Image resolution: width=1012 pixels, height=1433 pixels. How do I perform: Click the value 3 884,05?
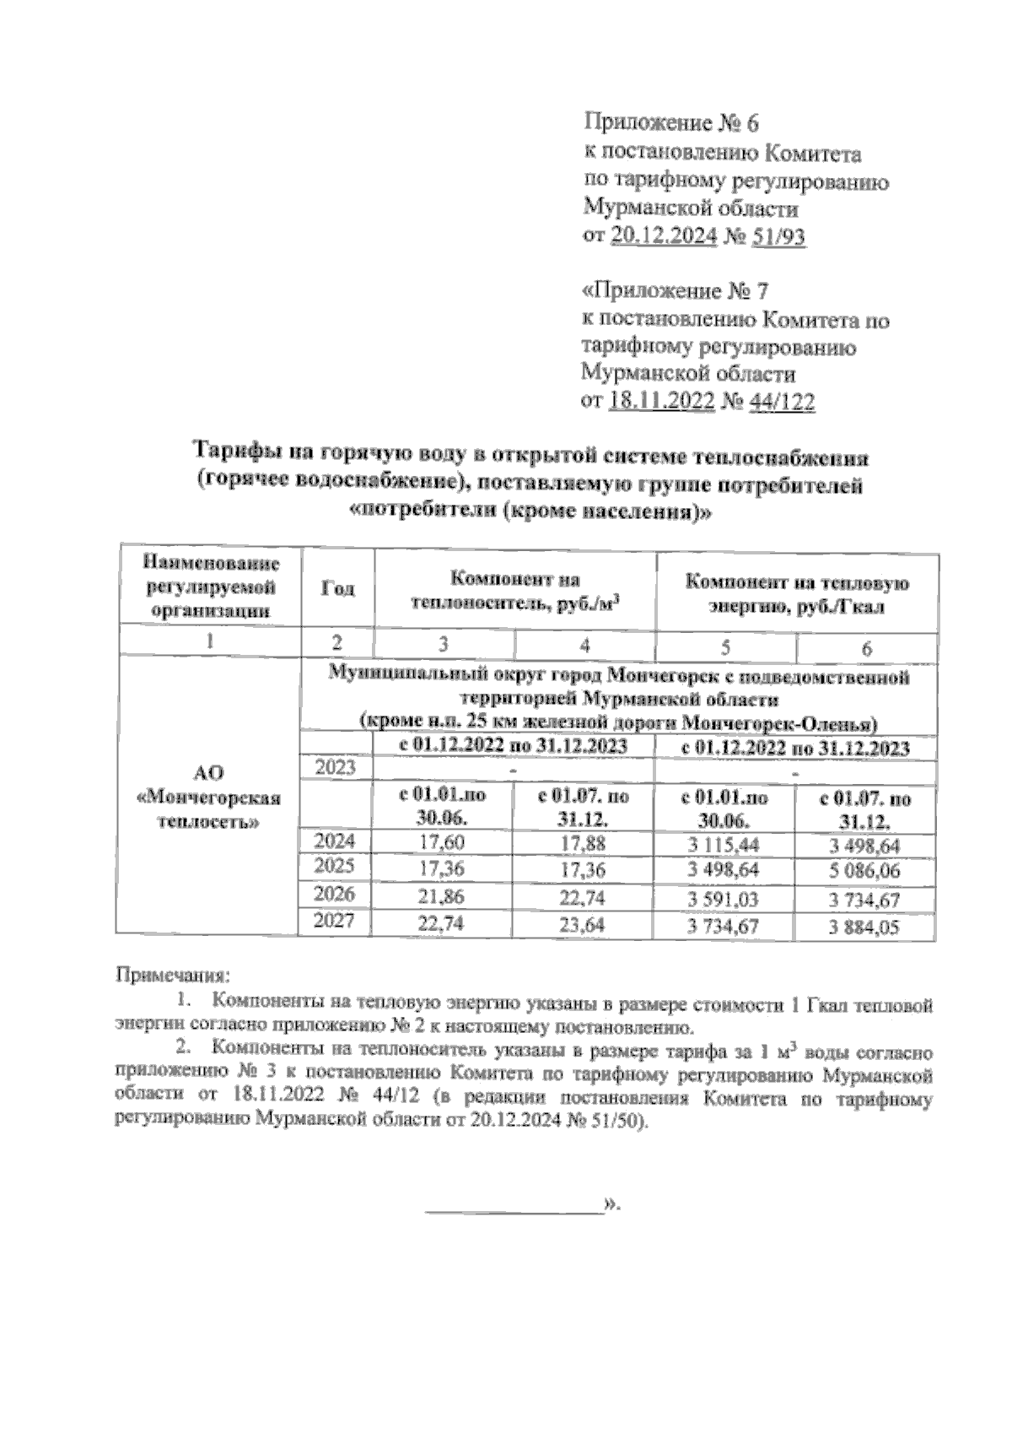(x=865, y=927)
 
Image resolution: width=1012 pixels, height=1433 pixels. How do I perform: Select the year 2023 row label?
(x=335, y=767)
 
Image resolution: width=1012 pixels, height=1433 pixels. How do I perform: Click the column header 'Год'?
(x=337, y=588)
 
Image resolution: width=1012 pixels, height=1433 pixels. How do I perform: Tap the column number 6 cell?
(x=866, y=648)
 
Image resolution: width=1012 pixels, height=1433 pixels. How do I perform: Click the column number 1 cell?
(x=208, y=641)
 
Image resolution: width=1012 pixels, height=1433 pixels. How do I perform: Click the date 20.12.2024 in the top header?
(x=662, y=236)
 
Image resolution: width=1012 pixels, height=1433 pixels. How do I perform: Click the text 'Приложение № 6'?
(x=671, y=124)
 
